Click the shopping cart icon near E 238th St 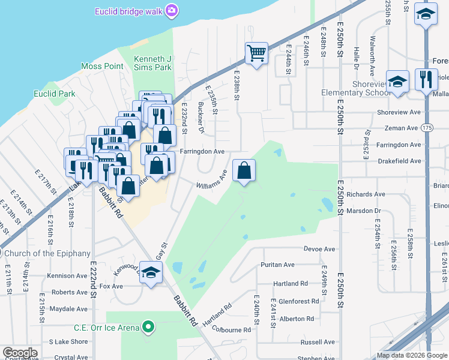coord(256,53)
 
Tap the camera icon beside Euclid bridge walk coord(172,10)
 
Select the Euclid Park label coord(55,94)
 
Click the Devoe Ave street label coord(319,249)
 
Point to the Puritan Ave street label coord(277,265)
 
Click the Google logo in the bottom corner coord(20,353)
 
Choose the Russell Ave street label coord(318,342)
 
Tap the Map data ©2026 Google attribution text coord(412,355)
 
